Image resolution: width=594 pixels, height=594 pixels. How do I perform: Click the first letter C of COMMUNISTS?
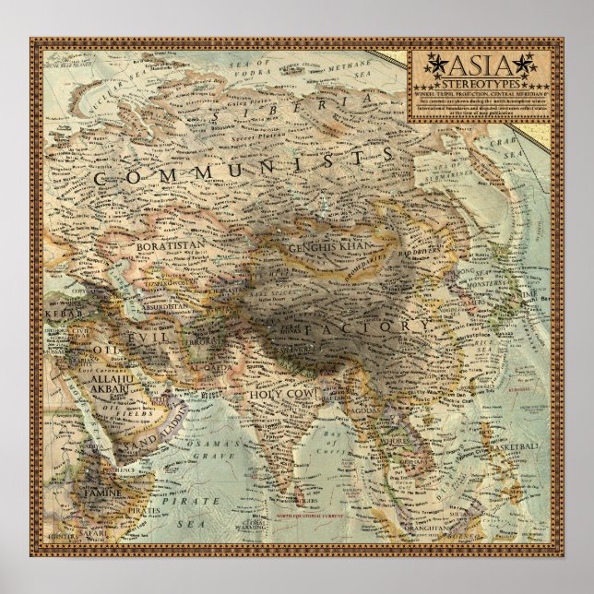pos(101,177)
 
